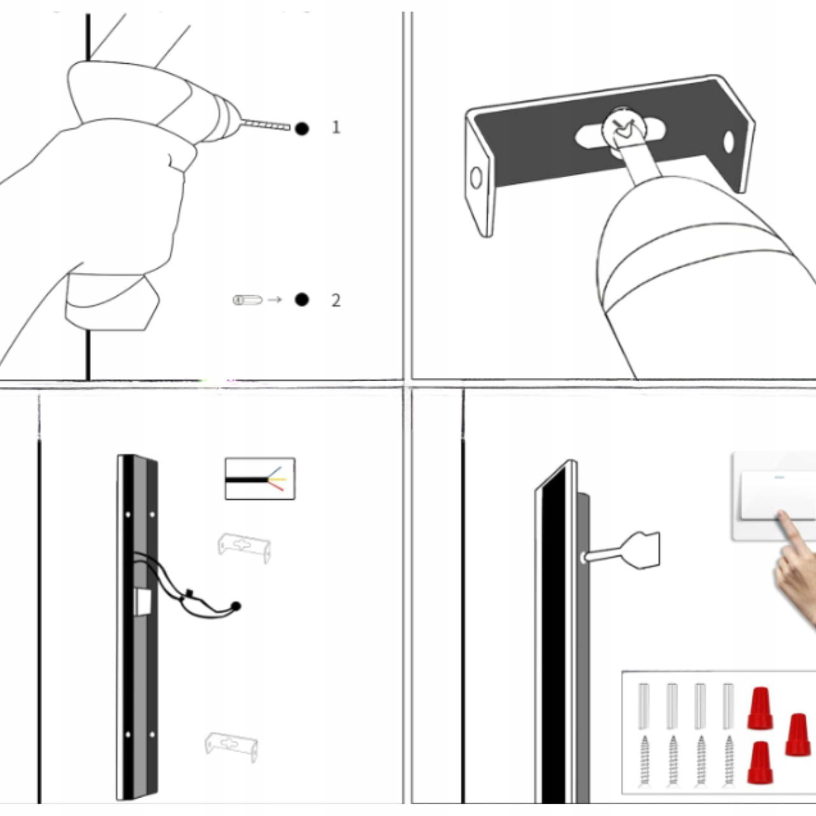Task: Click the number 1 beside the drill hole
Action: click(336, 127)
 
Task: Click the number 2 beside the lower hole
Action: click(336, 300)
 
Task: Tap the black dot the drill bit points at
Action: click(302, 129)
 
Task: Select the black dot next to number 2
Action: click(302, 300)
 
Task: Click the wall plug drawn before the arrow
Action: click(247, 300)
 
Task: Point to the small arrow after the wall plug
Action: click(275, 300)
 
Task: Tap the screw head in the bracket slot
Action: click(624, 127)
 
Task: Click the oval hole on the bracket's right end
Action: click(729, 142)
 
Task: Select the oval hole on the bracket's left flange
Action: click(476, 177)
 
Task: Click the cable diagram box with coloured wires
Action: click(260, 479)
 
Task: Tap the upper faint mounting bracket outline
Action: click(244, 547)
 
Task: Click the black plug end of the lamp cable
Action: click(236, 606)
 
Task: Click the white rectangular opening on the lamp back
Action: click(143, 602)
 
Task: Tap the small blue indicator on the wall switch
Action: click(779, 477)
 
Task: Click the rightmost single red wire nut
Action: click(798, 734)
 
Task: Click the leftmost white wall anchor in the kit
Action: click(644, 706)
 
